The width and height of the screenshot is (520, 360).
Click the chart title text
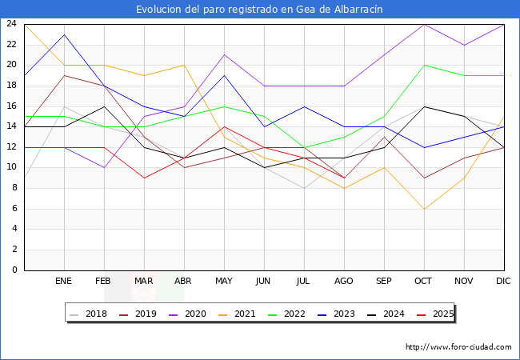[259, 9]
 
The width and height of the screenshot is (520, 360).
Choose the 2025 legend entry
[441, 314]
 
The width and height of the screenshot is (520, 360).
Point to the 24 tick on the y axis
[12, 24]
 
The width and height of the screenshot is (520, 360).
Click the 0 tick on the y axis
[14, 270]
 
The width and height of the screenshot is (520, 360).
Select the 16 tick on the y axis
[12, 106]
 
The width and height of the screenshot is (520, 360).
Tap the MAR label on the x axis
[144, 282]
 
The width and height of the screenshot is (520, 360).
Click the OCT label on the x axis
[424, 282]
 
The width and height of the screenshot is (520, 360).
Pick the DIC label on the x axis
[504, 282]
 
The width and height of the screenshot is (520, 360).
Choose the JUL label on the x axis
[304, 282]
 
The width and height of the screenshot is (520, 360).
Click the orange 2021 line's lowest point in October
[424, 209]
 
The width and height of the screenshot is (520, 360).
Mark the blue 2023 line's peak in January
[64, 34]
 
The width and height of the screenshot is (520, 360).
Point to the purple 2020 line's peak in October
[424, 24]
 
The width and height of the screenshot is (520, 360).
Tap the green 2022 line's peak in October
[424, 65]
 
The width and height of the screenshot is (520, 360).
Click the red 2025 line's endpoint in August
[344, 178]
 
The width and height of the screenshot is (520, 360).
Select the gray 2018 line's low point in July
[304, 188]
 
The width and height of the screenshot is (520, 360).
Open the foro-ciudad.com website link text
[458, 347]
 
